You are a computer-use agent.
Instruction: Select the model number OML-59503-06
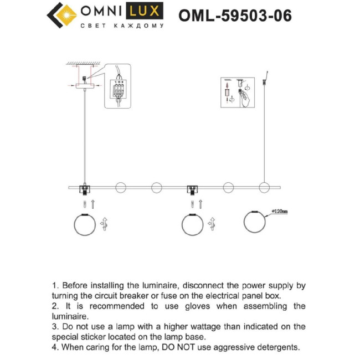click(235, 16)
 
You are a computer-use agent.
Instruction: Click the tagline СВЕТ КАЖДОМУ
click(122, 26)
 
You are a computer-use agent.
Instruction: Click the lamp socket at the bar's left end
click(85, 189)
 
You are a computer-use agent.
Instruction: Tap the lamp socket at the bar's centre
click(193, 189)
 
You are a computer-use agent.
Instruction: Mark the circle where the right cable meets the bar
click(264, 188)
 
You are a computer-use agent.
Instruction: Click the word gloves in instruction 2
click(195, 306)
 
